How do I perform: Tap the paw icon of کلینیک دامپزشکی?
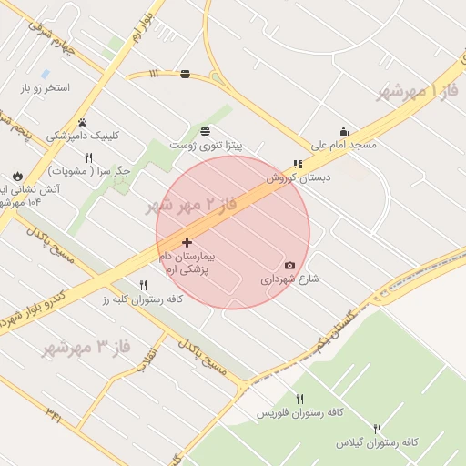click(82, 122)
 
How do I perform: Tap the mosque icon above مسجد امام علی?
click(343, 131)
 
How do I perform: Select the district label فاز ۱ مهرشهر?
click(418, 91)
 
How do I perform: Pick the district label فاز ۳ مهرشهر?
click(87, 348)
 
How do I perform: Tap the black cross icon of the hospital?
click(187, 243)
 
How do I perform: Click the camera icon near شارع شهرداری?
click(289, 266)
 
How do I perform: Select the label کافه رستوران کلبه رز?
click(143, 299)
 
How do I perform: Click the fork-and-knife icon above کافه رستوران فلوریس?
click(299, 399)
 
